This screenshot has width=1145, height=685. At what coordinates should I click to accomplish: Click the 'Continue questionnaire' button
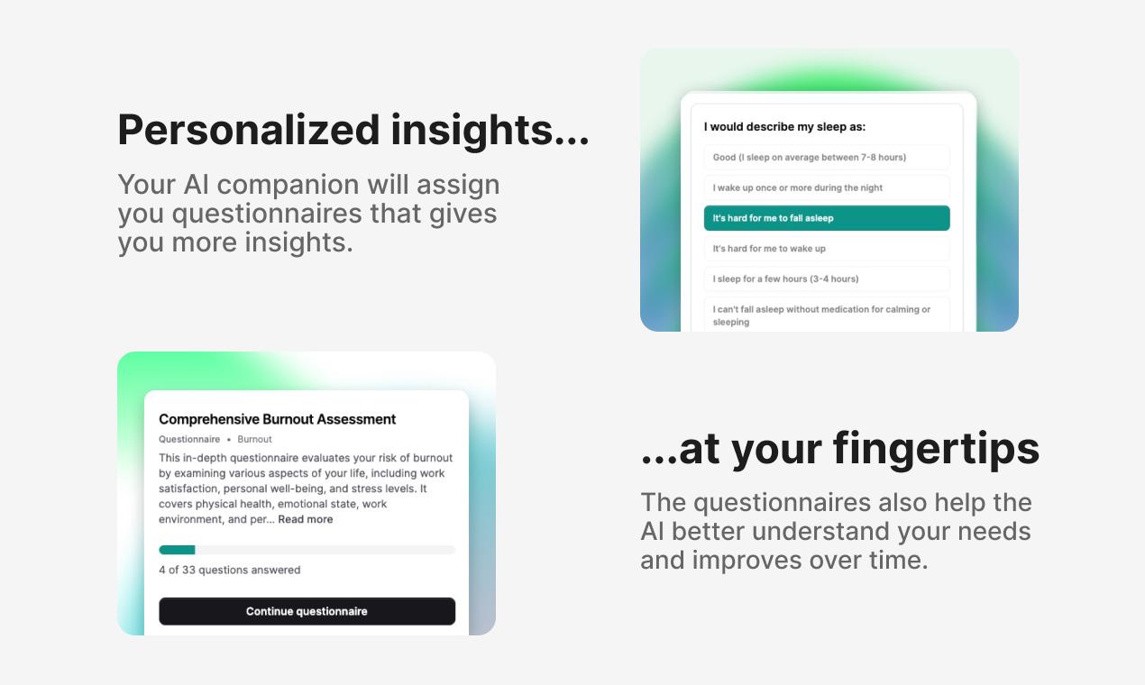[307, 611]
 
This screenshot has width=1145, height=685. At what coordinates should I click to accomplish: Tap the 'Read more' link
[305, 519]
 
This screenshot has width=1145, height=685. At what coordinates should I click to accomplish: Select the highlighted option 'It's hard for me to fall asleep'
[827, 218]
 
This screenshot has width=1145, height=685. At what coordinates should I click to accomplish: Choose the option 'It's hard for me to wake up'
[827, 249]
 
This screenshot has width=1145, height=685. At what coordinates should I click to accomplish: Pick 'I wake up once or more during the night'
[827, 187]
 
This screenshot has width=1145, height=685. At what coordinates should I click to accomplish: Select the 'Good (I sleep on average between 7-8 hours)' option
[827, 158]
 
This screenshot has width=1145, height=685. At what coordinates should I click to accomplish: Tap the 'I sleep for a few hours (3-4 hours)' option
[827, 279]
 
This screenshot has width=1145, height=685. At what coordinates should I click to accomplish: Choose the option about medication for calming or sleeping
[827, 315]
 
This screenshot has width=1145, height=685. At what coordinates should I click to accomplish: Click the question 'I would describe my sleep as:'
[784, 127]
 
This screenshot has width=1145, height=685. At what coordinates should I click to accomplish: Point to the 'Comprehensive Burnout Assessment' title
[277, 419]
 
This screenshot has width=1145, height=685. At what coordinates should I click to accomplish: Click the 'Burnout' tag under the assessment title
[254, 439]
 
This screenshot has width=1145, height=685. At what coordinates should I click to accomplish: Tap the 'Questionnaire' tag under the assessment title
[189, 439]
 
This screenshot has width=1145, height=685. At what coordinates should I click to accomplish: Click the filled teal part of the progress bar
[177, 550]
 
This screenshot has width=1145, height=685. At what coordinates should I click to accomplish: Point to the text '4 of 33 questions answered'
[230, 570]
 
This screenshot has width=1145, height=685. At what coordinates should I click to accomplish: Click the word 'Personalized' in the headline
[249, 131]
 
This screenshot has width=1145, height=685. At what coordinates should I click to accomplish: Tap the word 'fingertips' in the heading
[936, 450]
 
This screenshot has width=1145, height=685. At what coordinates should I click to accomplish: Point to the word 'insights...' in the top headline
[490, 131]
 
